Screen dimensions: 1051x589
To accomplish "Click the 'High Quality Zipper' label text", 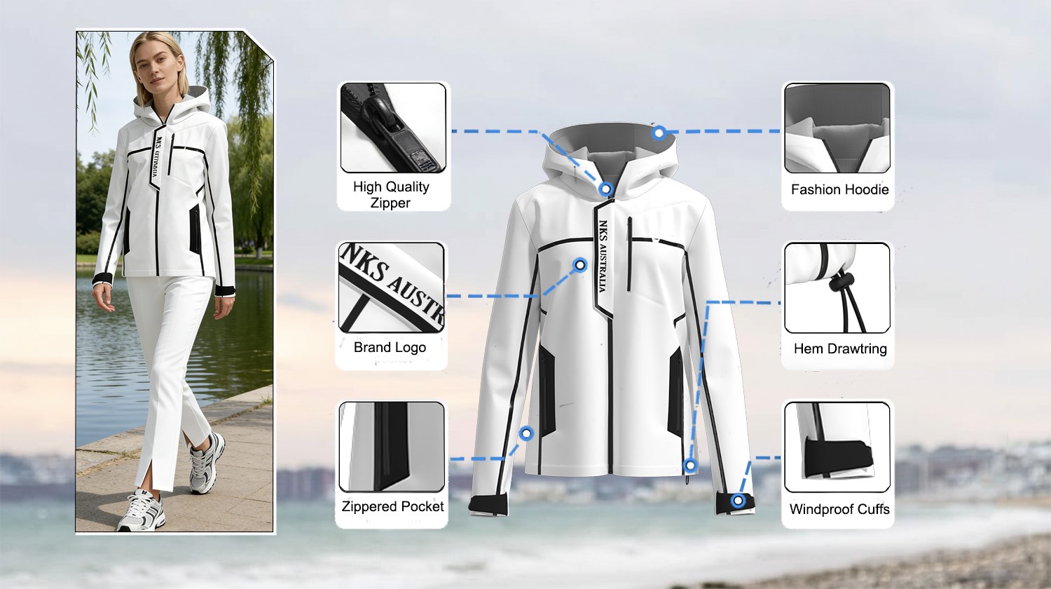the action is pos(391,194).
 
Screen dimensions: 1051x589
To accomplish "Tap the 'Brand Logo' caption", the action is pos(390,347).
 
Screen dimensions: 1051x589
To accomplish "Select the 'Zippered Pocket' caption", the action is pos(392,506).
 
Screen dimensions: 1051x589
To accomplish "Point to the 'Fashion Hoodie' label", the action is pos(839,189).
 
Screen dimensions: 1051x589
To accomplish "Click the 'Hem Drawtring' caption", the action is pos(840,348).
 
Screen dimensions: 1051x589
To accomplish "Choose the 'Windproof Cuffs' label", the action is pos(839,509).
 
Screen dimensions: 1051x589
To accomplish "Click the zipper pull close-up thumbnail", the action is pos(393,128).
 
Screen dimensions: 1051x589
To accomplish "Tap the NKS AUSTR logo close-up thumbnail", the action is pos(391,287).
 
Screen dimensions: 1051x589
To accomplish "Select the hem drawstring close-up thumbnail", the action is pos(837,288).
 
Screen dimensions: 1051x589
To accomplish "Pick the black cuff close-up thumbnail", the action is pos(837,447).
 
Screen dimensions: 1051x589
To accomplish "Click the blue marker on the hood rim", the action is pos(659,133).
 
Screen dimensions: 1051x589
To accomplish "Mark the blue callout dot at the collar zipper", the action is pos(606,189).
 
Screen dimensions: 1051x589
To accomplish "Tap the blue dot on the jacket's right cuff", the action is pos(738,500).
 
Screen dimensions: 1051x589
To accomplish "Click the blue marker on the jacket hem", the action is pos(689,466).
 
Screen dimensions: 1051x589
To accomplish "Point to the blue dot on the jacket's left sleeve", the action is pos(526,433).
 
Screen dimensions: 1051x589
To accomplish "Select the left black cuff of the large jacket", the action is pos(488,506).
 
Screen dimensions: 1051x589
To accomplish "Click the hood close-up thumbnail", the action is pos(837,128).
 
